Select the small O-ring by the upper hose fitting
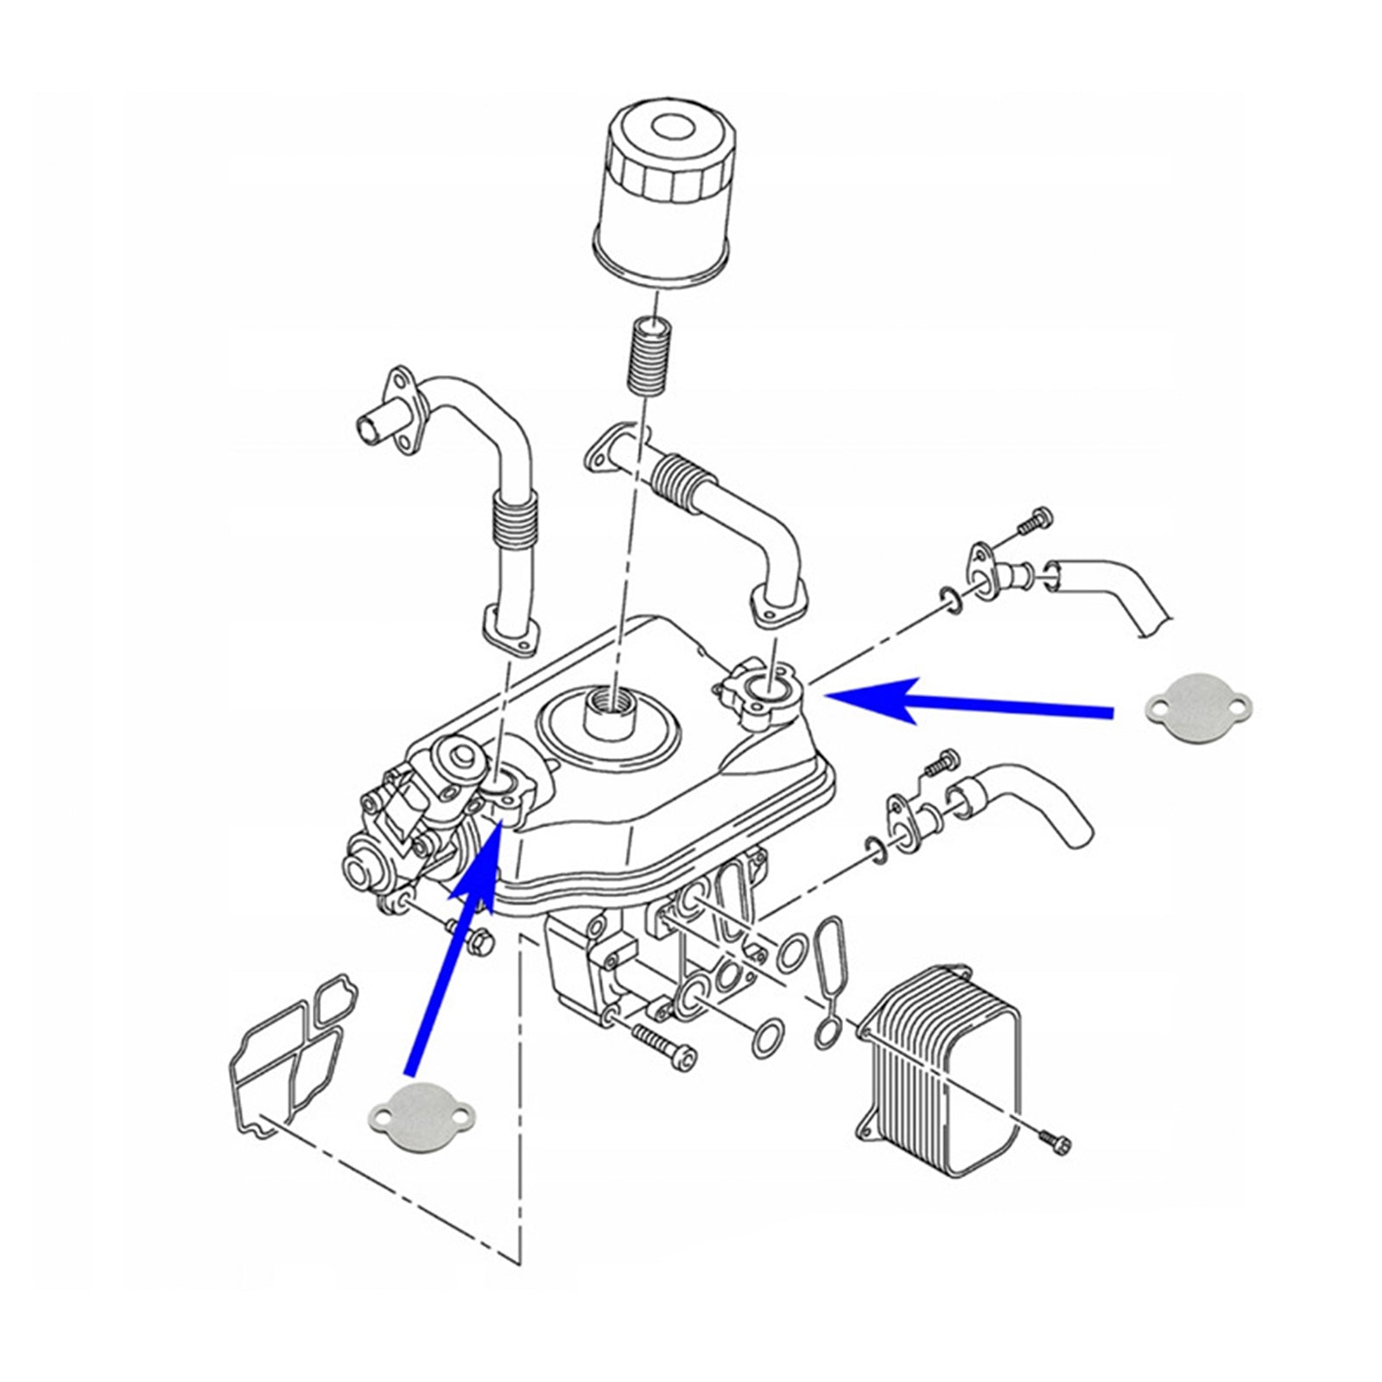(948, 601)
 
